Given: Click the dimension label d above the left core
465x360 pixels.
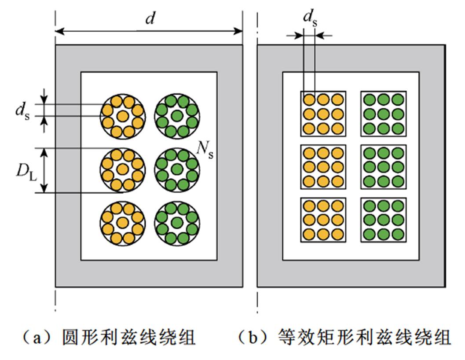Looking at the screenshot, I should pyautogui.click(x=150, y=19).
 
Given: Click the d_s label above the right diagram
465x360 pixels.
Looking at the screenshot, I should pyautogui.click(x=309, y=18).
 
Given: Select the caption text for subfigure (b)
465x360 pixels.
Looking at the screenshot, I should pyautogui.click(x=344, y=338).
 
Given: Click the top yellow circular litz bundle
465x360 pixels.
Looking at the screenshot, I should pyautogui.click(x=123, y=116).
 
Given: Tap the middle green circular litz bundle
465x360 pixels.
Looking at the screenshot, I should pyautogui.click(x=177, y=170).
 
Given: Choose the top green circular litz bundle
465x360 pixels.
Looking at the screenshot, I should pyautogui.click(x=177, y=116).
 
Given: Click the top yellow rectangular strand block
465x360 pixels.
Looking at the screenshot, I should pyautogui.click(x=323, y=114).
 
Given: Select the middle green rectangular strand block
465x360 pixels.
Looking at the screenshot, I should pyautogui.click(x=383, y=167).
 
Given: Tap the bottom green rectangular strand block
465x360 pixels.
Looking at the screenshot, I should pyautogui.click(x=383, y=220).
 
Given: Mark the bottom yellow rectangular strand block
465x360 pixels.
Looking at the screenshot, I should pyautogui.click(x=323, y=220).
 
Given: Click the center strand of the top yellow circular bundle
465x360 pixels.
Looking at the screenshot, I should pyautogui.click(x=123, y=116).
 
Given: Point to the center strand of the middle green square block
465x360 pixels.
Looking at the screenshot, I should pyautogui.click(x=383, y=167).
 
